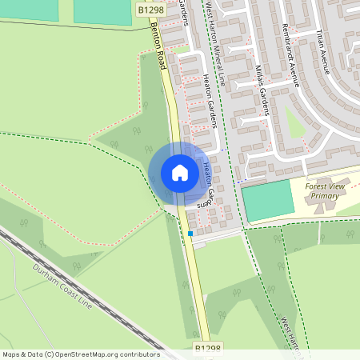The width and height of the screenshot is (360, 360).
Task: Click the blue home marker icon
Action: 180,173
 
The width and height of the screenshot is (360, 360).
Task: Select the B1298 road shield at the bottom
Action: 208,349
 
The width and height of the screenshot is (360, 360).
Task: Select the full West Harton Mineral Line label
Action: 216,44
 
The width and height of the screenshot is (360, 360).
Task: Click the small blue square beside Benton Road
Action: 190,234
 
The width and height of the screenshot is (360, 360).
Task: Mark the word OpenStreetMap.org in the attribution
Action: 89,354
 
